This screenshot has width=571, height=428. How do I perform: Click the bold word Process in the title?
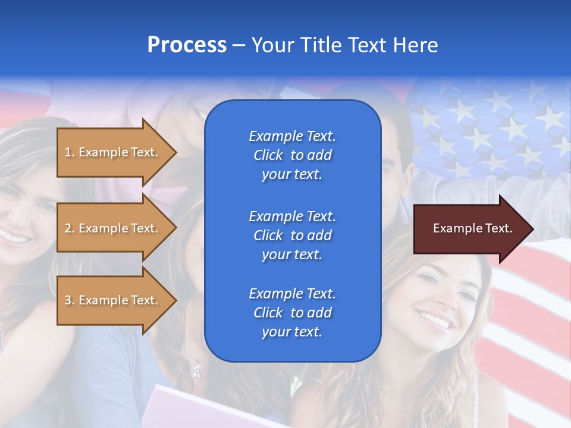click(x=187, y=45)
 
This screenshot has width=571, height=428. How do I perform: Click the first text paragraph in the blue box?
click(x=292, y=155)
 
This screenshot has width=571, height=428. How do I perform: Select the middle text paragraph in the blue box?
click(x=292, y=235)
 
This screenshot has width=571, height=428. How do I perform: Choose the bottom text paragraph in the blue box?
click(x=292, y=313)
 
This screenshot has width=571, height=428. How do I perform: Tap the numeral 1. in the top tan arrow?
click(x=69, y=152)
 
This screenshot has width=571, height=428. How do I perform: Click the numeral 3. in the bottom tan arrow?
click(x=69, y=300)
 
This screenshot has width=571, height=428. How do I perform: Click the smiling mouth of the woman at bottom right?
click(x=434, y=319)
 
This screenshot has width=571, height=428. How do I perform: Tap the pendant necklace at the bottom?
click(x=197, y=370)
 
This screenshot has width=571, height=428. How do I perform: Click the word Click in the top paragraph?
click(x=268, y=155)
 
